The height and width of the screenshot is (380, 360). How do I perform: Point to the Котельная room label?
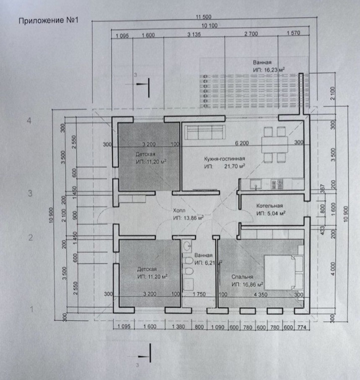(270, 206)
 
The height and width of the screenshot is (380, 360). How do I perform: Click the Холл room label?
(179, 211)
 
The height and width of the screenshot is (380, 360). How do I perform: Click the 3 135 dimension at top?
(194, 36)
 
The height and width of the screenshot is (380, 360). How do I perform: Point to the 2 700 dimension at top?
(251, 36)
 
